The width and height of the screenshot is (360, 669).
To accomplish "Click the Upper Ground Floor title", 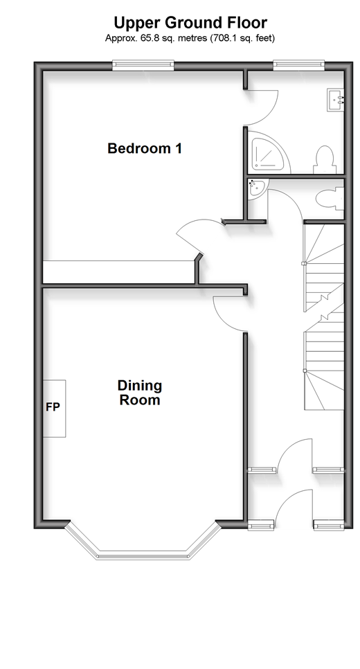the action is coord(190,22).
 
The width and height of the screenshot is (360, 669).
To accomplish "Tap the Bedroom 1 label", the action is coord(145,148).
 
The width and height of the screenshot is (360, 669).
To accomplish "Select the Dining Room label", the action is coord(139,393).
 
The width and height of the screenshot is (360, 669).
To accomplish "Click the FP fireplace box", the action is coord(54,409).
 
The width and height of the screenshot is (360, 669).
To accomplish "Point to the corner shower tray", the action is coord(268,153).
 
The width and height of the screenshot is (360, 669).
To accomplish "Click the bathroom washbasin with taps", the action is coord(335,100).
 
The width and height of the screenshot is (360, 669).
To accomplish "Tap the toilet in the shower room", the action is coord(324,159).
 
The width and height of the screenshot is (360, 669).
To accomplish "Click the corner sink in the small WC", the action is coord(258,188).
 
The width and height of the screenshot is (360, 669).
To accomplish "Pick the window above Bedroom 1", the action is coord(143,65).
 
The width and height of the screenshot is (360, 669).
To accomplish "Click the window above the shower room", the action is coord(298,65).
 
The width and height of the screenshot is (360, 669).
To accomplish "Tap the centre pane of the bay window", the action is coord(143,556).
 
